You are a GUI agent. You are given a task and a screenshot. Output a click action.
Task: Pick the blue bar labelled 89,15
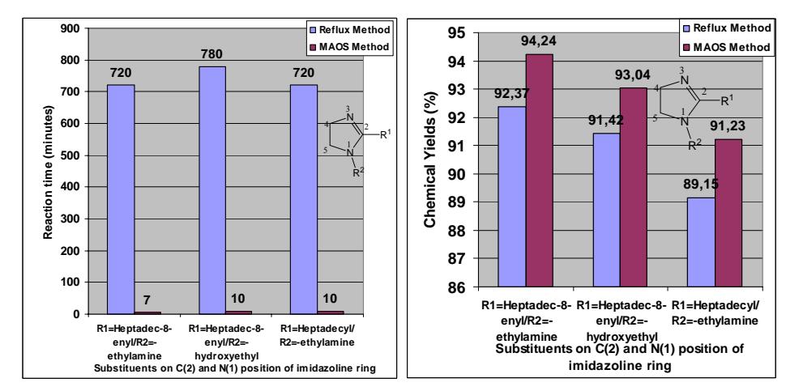(701, 242)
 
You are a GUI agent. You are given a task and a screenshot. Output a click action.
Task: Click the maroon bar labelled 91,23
(728, 213)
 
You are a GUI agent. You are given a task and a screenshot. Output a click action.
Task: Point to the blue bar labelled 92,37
(512, 197)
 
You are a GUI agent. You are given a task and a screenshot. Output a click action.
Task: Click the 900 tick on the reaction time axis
(71, 28)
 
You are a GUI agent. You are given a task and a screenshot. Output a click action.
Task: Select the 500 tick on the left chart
(71, 155)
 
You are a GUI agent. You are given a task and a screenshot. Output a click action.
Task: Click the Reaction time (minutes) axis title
(48, 172)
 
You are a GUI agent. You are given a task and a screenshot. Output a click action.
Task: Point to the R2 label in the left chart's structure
(357, 172)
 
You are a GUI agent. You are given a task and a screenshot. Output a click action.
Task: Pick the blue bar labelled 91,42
(606, 210)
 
